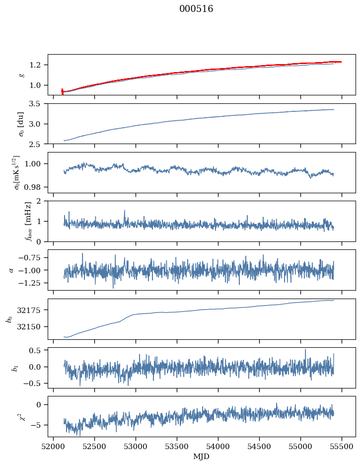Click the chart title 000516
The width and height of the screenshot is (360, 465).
(196, 9)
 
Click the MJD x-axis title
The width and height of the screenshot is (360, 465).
(202, 456)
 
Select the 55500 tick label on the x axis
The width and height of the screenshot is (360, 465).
(342, 446)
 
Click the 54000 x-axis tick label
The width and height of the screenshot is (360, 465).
(218, 446)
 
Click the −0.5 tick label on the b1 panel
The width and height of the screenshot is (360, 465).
(34, 384)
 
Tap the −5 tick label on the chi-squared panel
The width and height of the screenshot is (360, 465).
(37, 425)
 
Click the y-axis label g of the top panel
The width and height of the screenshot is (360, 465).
(21, 75)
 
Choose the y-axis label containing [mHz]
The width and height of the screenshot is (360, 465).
(14, 221)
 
